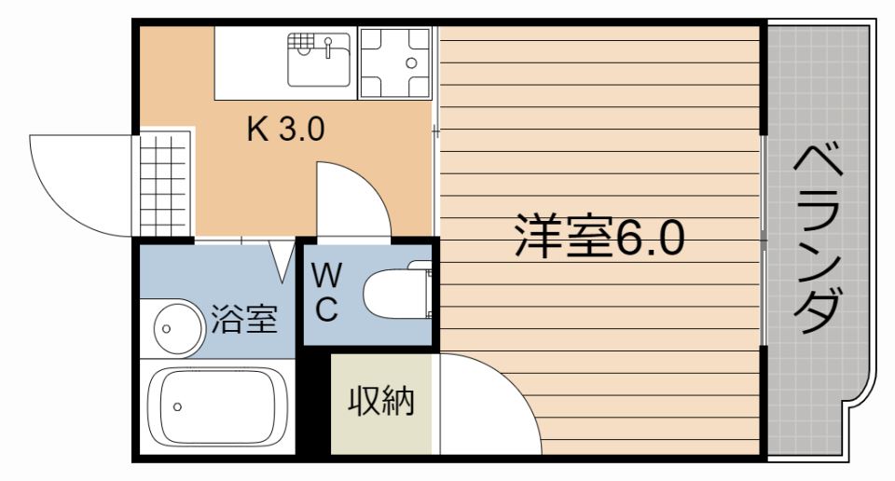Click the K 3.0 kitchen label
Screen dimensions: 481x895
pyautogui.click(x=284, y=128)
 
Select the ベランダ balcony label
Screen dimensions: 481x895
pyautogui.click(x=819, y=239)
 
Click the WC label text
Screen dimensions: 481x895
pyautogui.click(x=325, y=293)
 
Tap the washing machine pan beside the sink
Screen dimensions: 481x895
pyautogui.click(x=394, y=63)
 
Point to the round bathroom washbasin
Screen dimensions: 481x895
pyautogui.click(x=176, y=328)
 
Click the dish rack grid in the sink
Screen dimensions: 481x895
pyautogui.click(x=302, y=44)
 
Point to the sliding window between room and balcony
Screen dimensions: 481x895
pyautogui.click(x=764, y=239)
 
